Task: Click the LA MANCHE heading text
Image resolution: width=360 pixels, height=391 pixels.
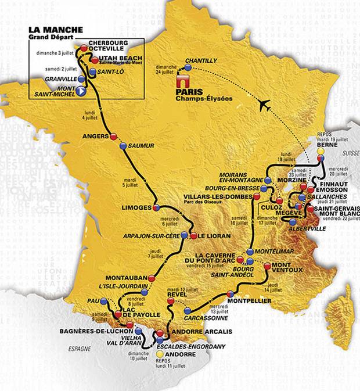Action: pyautogui.click(x=55, y=30)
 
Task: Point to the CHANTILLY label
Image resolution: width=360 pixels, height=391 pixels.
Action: pyautogui.click(x=201, y=60)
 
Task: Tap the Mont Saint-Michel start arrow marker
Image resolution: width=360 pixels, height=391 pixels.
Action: pyautogui.click(x=81, y=91)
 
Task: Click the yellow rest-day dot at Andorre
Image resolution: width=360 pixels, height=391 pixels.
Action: pyautogui.click(x=159, y=353)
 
